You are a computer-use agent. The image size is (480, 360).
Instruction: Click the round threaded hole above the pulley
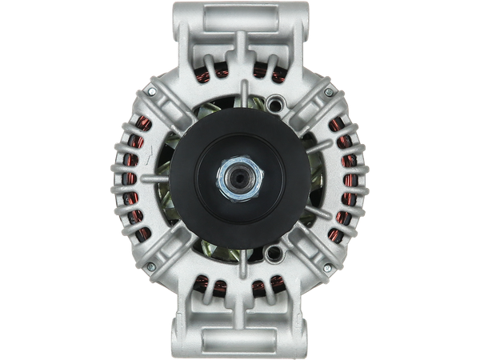tap(276, 102)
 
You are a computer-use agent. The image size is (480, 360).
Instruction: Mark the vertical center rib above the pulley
tap(240, 76)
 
